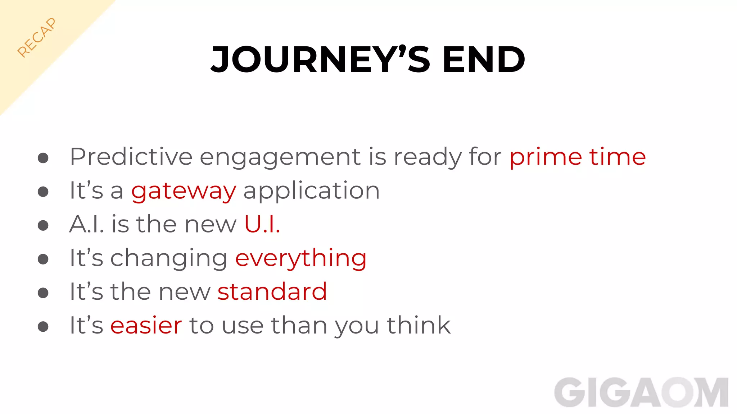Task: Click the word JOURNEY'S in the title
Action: tap(320, 59)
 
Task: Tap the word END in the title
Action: tap(484, 59)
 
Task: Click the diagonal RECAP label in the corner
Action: tap(37, 37)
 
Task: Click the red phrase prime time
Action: tap(577, 157)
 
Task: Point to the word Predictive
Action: tap(131, 157)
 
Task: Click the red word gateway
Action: tap(184, 191)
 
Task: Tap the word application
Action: tap(312, 191)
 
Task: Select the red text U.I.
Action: tap(262, 224)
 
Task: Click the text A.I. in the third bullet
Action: tap(86, 224)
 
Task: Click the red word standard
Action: tap(272, 291)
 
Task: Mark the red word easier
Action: tap(146, 325)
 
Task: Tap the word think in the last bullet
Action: tap(419, 325)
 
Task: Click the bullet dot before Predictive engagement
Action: tap(43, 158)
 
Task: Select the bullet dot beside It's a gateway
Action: tap(43, 192)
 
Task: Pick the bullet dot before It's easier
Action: tap(43, 326)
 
